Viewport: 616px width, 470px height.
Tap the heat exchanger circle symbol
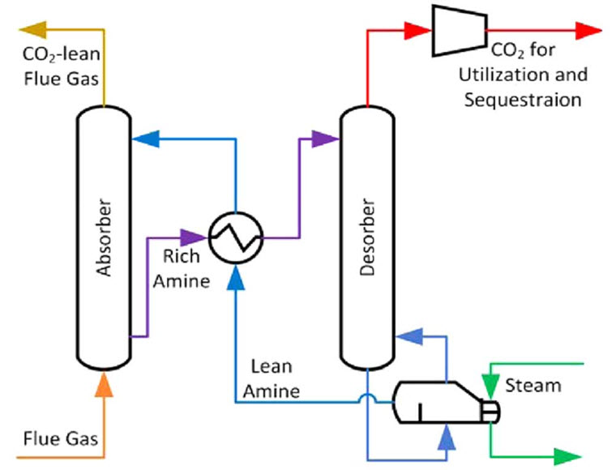[236, 237]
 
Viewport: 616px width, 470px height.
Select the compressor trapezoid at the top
[459, 31]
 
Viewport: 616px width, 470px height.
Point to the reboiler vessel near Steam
[438, 402]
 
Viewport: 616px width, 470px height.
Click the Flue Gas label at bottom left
[62, 439]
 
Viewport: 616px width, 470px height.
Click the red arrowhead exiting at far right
[589, 31]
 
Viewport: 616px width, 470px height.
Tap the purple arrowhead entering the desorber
[327, 139]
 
